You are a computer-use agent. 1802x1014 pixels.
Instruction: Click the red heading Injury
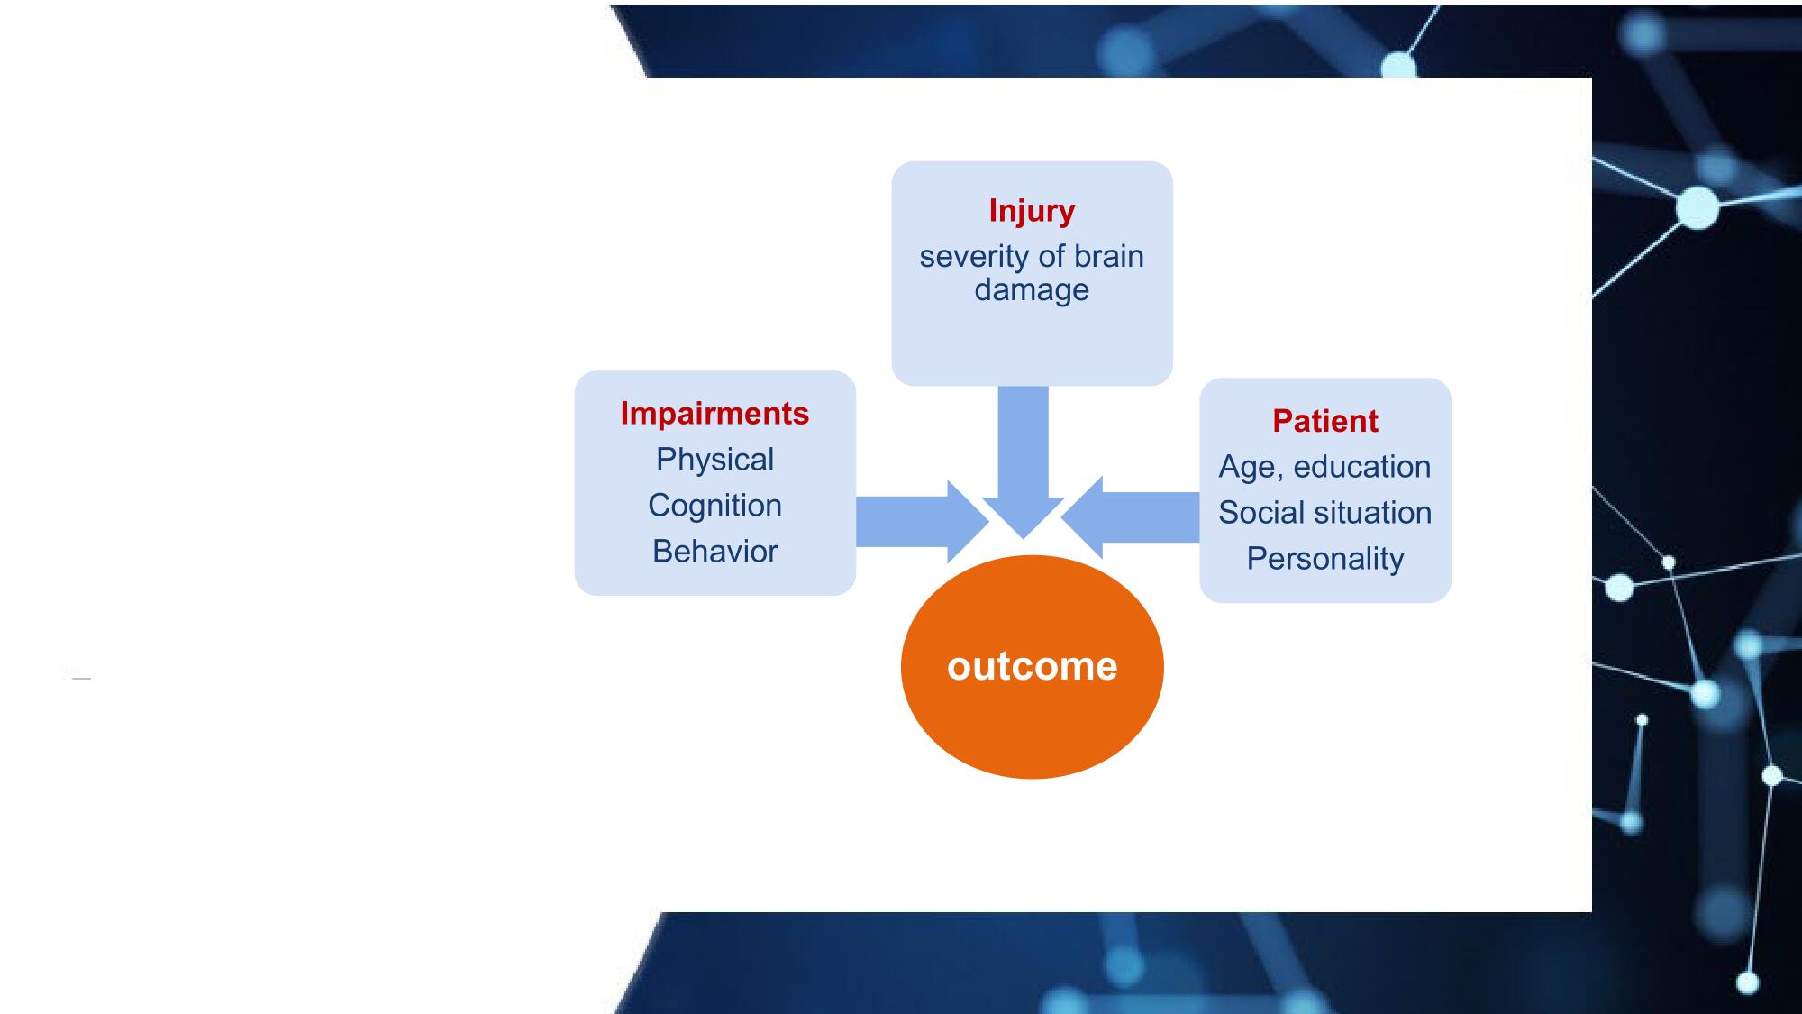[x=1032, y=211]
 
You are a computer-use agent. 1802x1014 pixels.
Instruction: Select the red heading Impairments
[x=714, y=413]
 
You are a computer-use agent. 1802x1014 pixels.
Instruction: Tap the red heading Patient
[x=1325, y=421]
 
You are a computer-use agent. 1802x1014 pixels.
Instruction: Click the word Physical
[x=714, y=460]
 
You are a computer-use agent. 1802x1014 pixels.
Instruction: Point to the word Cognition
[x=714, y=506]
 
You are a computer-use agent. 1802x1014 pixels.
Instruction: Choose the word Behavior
[x=714, y=552]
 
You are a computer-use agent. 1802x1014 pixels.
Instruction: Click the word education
[x=1361, y=467]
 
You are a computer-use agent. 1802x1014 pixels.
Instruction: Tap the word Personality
[x=1325, y=560]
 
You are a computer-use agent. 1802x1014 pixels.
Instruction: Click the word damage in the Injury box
[x=1032, y=290]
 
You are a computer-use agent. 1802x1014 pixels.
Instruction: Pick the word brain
[x=1109, y=257]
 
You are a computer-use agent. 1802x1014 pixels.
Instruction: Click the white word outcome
[x=1033, y=667]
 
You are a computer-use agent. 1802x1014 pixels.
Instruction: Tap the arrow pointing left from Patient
[x=1130, y=517]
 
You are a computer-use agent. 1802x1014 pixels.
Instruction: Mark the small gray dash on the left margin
[x=81, y=678]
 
